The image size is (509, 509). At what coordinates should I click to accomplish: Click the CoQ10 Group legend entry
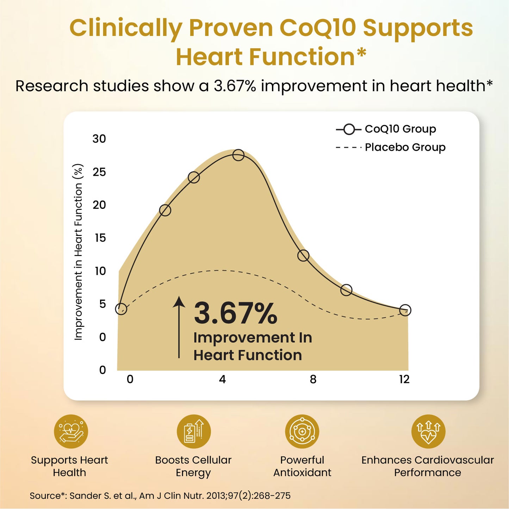[x=386, y=129]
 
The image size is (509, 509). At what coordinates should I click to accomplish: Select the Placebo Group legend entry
[x=390, y=147]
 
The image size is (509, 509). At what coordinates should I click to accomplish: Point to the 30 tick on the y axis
[x=99, y=139]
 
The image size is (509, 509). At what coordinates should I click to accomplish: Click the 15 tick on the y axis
[x=100, y=238]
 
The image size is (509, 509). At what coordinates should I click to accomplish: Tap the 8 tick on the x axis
[x=313, y=379]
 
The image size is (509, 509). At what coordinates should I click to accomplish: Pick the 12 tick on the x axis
[x=404, y=379]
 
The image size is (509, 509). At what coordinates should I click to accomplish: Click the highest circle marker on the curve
[x=238, y=155]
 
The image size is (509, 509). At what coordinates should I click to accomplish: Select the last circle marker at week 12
[x=405, y=310]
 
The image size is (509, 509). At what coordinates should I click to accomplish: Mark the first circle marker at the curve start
[x=121, y=309]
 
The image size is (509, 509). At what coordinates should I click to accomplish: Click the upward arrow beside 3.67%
[x=179, y=328]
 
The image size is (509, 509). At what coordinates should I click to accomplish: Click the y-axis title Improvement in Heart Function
[x=78, y=252]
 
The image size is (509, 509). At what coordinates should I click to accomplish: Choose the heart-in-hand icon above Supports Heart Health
[x=71, y=432]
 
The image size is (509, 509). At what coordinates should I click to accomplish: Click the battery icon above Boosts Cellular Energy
[x=194, y=432]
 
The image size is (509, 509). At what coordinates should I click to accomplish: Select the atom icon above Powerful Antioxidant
[x=302, y=432]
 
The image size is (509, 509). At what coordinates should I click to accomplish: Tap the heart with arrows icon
[x=428, y=432]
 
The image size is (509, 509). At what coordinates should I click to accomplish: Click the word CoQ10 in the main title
[x=317, y=28]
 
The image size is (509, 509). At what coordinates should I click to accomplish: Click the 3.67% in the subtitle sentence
[x=235, y=86]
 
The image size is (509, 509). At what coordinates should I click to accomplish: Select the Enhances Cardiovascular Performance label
[x=427, y=466]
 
